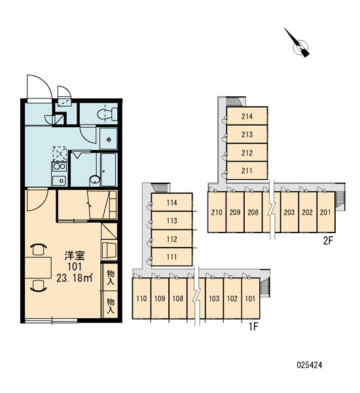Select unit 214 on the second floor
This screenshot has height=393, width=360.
(247, 116)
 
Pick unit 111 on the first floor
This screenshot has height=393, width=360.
(172, 257)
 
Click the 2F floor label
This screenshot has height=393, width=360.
(328, 240)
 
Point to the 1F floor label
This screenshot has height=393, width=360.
(253, 326)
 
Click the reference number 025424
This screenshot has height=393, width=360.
(310, 365)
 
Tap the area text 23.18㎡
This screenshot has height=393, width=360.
(75, 278)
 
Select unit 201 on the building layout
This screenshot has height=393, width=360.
(326, 212)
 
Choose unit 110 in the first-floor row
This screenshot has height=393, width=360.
(141, 299)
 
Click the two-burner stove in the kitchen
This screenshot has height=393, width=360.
(59, 167)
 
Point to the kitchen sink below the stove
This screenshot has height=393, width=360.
(59, 181)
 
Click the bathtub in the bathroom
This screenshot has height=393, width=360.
(109, 170)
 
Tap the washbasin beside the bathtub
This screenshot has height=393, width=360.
(94, 179)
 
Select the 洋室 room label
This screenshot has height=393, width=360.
(75, 255)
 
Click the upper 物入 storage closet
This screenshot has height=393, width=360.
(111, 277)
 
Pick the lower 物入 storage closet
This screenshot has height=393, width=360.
(111, 305)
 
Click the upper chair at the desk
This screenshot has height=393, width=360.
(39, 250)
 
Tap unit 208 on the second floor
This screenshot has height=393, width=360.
(253, 212)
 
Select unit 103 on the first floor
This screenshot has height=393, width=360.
(214, 299)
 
